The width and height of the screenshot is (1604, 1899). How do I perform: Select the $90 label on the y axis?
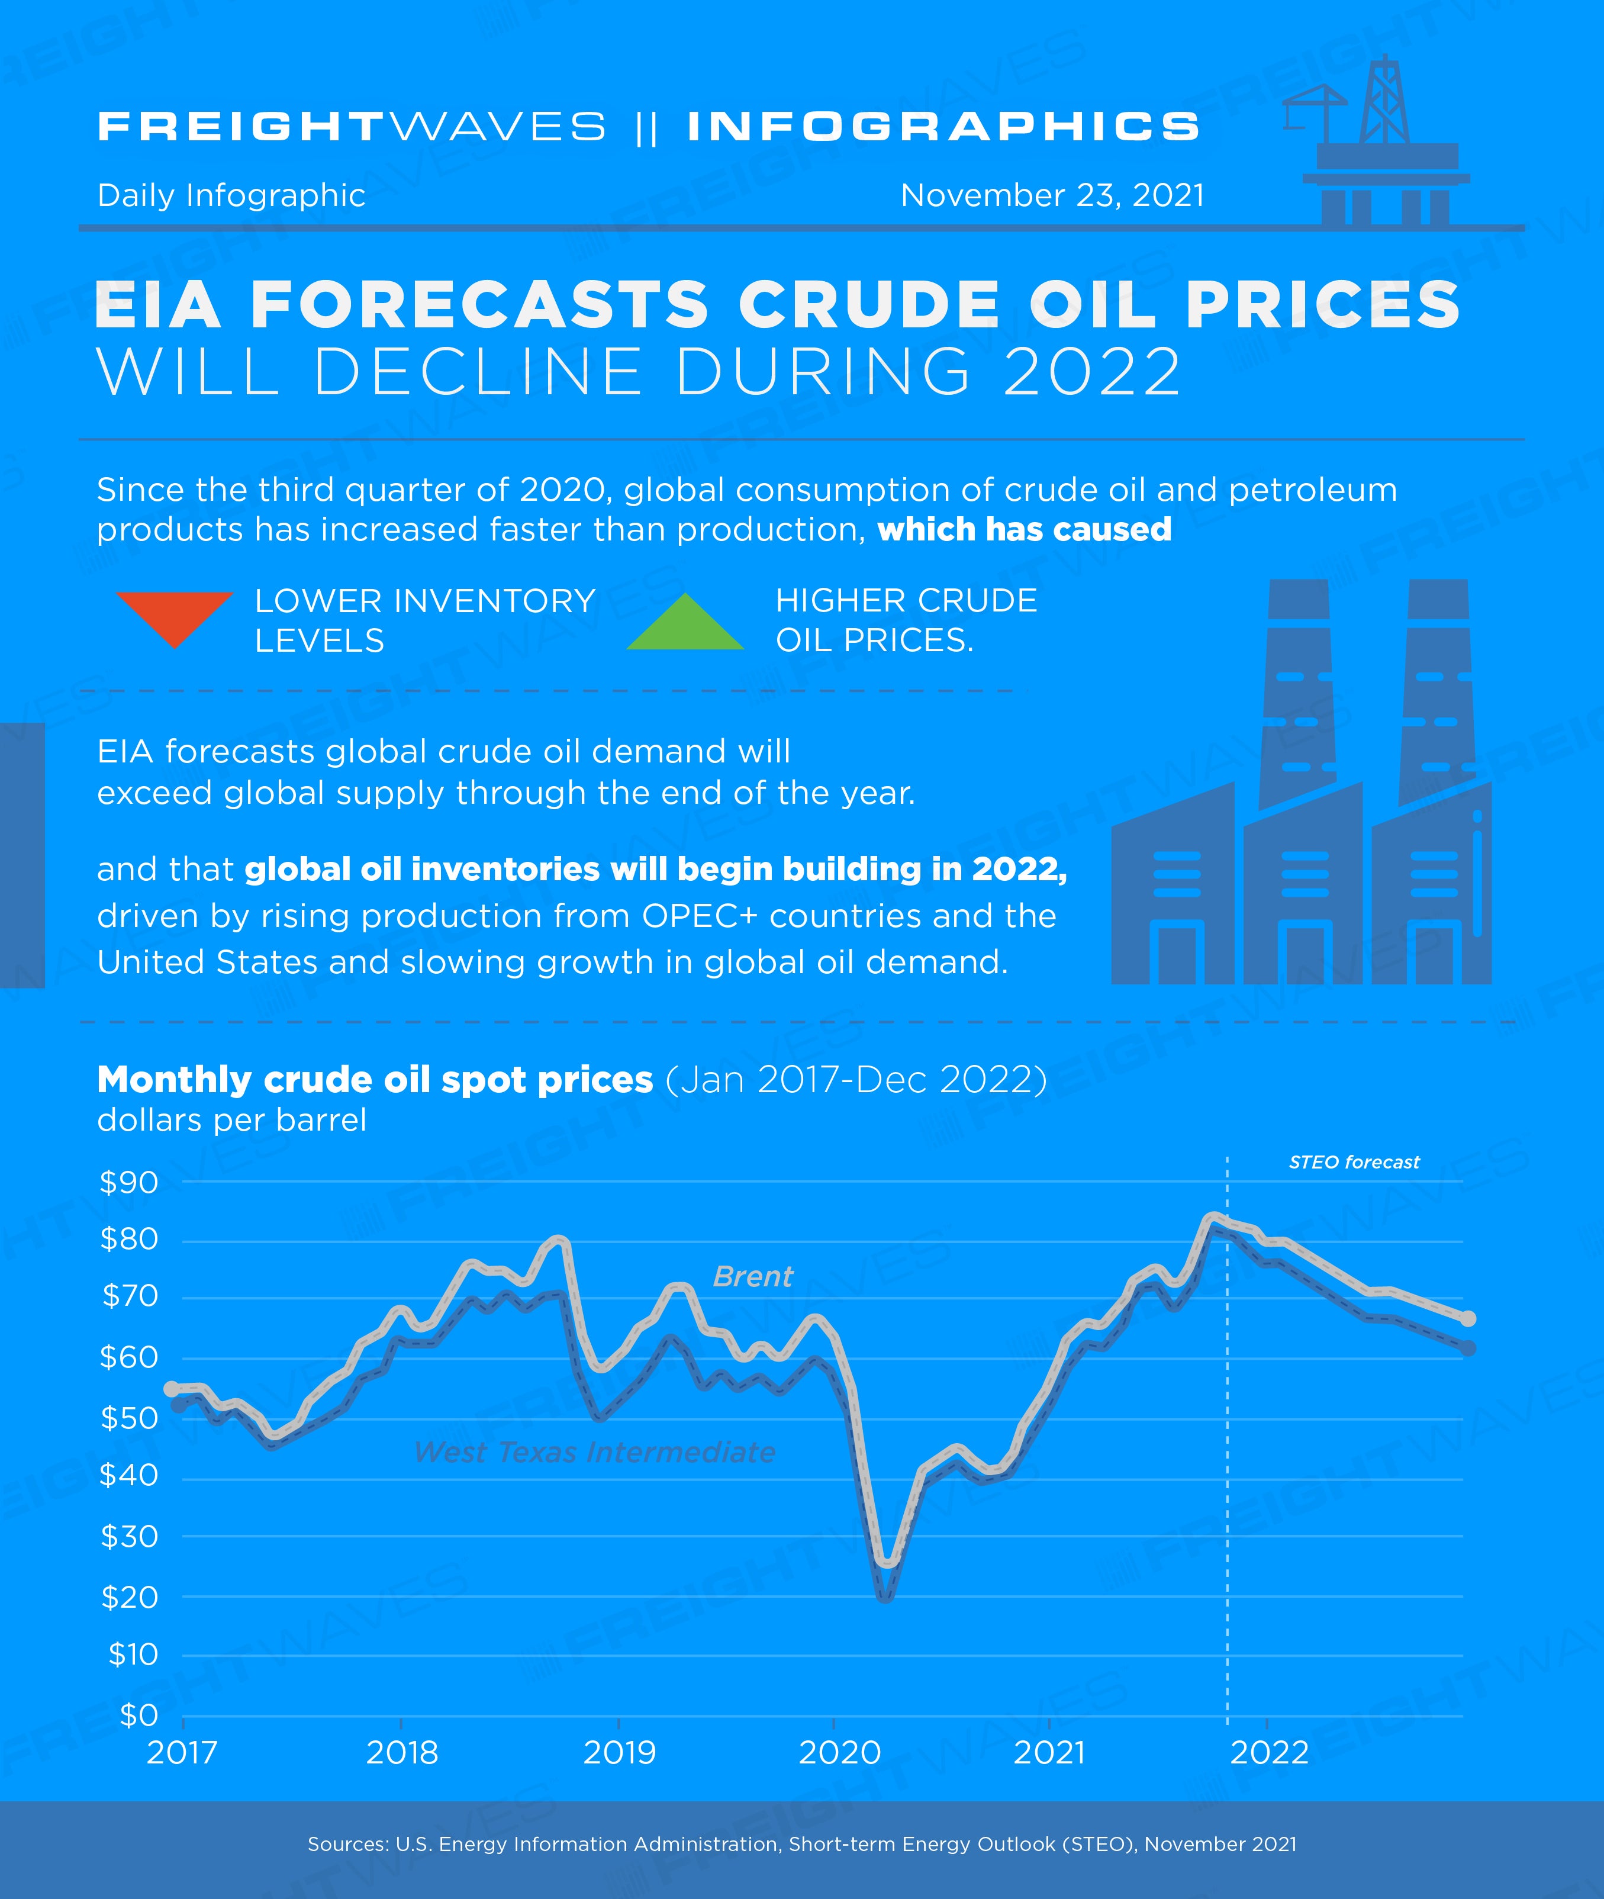coord(128,1182)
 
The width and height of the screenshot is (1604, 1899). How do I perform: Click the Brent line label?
coord(753,1277)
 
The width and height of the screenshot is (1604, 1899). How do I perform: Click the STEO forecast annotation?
coord(1354,1163)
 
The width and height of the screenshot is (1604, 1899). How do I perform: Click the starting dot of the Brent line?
coord(171,1389)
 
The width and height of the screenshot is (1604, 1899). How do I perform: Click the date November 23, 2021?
coord(1052,195)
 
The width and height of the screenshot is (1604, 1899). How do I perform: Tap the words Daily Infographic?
coord(231,195)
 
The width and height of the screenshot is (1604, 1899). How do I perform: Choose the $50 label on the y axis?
coord(128,1418)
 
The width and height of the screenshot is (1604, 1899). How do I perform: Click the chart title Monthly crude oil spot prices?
coord(375,1080)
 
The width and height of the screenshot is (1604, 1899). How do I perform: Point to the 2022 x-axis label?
coord(1270,1753)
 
